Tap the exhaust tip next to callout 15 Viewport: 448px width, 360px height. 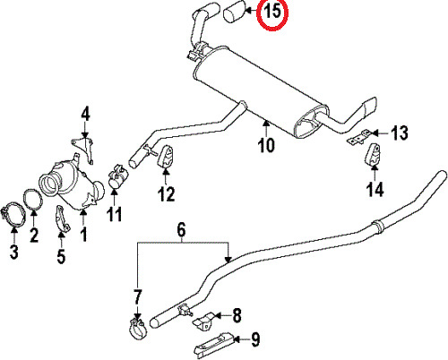pos(235,12)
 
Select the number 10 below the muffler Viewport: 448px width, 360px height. pos(266,145)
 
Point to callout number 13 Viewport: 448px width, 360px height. pos(400,133)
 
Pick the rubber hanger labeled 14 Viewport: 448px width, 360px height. pos(373,154)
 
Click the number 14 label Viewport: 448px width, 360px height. pos(375,189)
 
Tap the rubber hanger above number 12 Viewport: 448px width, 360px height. pos(166,157)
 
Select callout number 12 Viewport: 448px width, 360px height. pos(167,193)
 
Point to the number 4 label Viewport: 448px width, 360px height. pos(85,115)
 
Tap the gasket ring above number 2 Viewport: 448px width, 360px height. pos(33,200)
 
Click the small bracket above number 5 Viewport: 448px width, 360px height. pos(63,219)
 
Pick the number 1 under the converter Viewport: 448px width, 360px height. pos(84,234)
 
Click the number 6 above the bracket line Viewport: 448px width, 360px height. pos(181,230)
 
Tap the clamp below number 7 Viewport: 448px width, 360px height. pos(137,329)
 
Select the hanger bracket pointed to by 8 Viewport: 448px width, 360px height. pos(203,321)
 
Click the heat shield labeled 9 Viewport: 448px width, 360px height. pos(214,345)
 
